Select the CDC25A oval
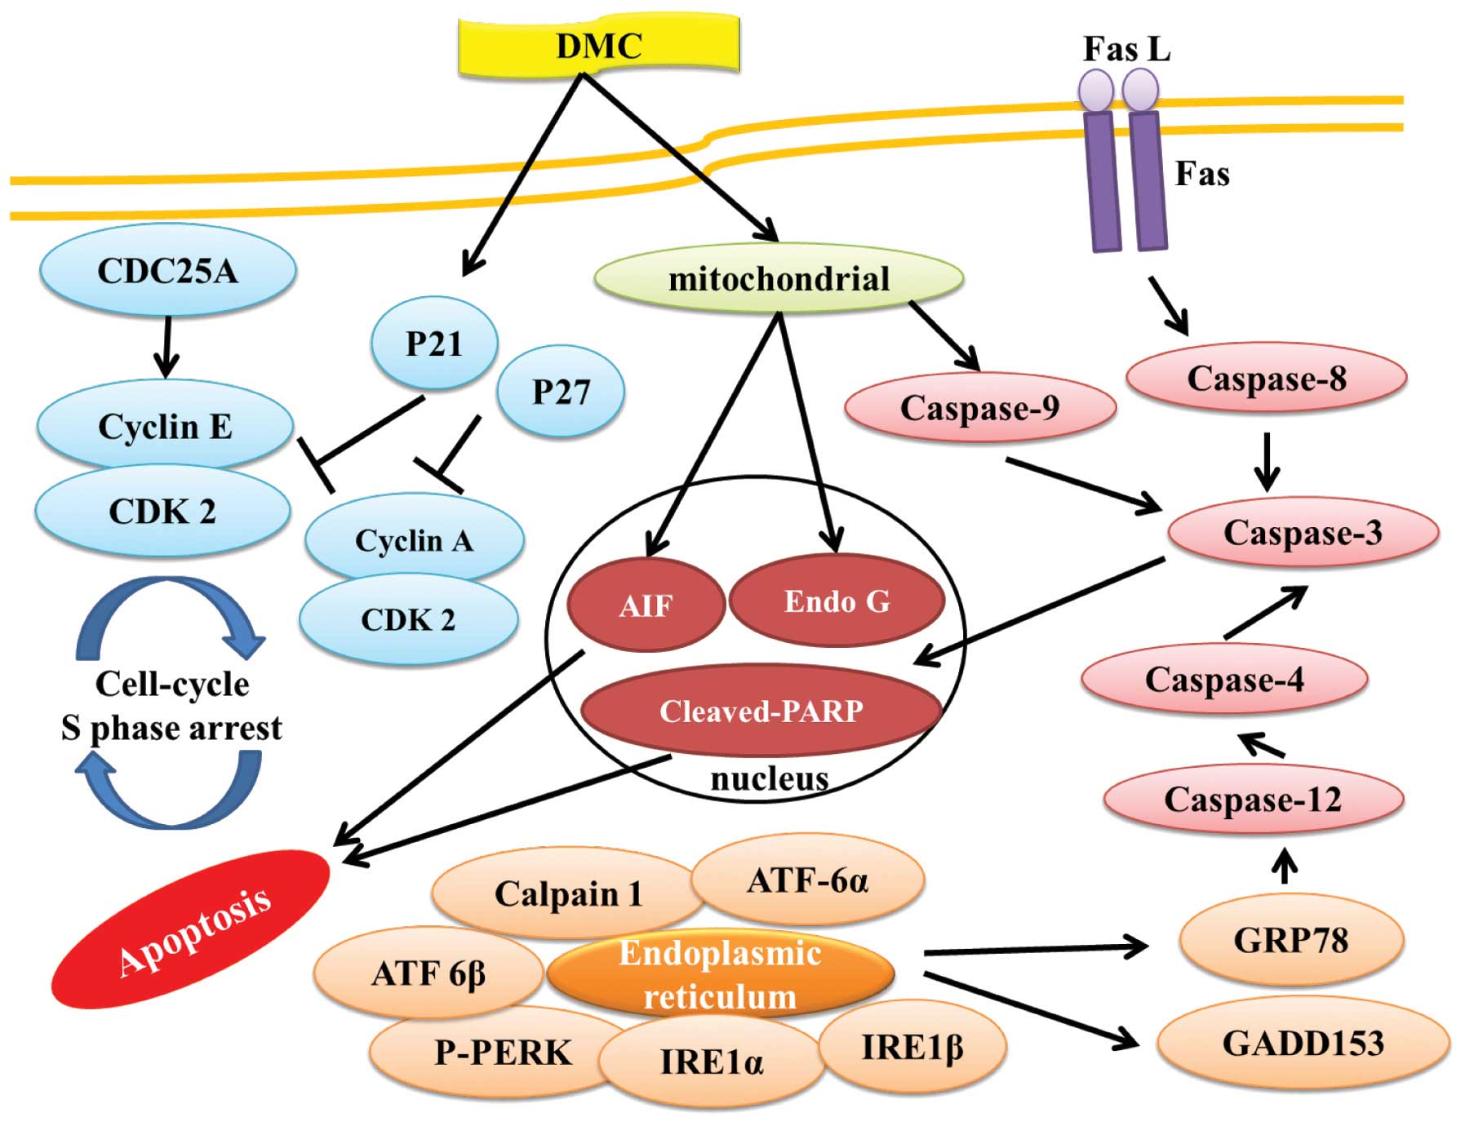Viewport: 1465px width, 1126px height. point(167,271)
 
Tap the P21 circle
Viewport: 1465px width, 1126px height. point(433,343)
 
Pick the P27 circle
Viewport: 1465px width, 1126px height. point(561,392)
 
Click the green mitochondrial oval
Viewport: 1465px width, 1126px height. point(779,279)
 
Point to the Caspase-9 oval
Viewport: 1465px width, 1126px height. point(979,407)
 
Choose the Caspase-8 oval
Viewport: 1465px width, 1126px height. point(1266,378)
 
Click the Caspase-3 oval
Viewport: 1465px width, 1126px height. point(1303,532)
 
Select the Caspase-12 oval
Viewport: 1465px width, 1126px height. point(1253,799)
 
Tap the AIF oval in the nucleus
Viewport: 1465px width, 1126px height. point(646,605)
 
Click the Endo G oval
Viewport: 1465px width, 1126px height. point(837,601)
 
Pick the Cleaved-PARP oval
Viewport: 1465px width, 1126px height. point(761,711)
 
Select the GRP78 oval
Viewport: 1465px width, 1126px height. point(1290,940)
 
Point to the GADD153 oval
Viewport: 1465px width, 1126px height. point(1303,1044)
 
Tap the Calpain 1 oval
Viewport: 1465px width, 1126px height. point(567,893)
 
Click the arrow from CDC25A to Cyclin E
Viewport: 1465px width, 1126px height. point(166,347)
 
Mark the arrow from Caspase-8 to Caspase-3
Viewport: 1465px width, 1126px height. point(1266,461)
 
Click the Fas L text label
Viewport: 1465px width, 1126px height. point(1126,49)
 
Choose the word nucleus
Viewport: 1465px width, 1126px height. point(769,779)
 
